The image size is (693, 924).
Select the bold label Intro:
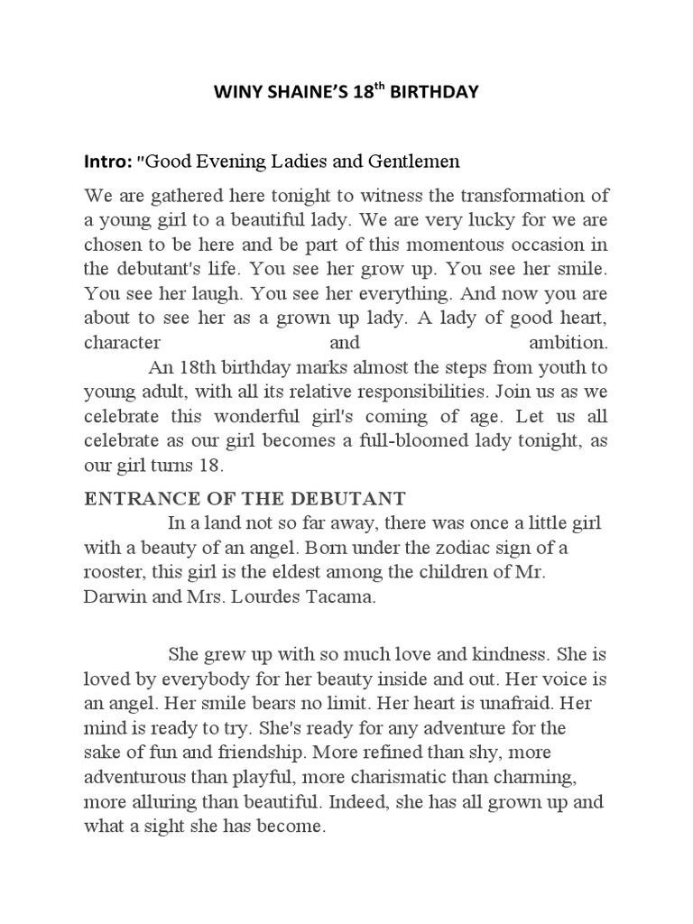tap(107, 162)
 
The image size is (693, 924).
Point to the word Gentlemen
tap(416, 162)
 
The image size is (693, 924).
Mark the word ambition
tap(568, 343)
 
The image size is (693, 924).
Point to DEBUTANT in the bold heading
tap(360, 499)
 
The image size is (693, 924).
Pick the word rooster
tap(115, 571)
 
